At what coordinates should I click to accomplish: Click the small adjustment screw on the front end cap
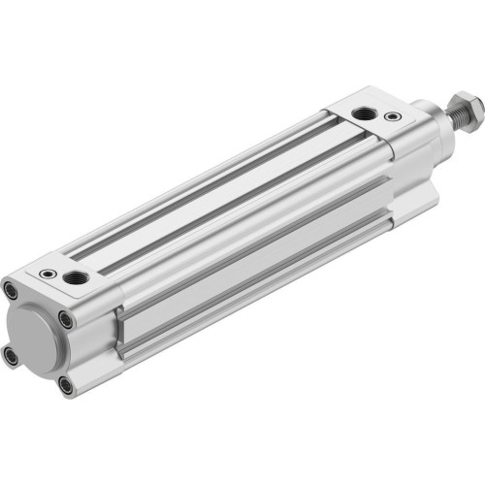(x=392, y=117)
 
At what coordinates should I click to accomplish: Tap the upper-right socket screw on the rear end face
(x=64, y=317)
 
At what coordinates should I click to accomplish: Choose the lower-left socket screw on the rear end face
(x=11, y=356)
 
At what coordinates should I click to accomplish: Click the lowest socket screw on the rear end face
(x=65, y=385)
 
